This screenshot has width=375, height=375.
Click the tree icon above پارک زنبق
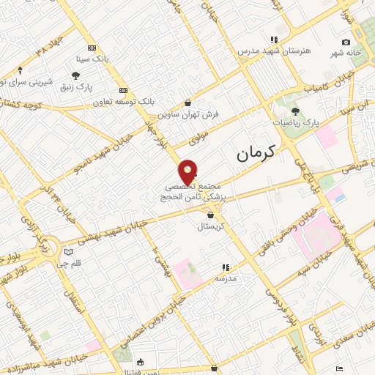pyautogui.click(x=75, y=75)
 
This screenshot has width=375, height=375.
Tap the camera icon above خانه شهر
pyautogui.click(x=346, y=42)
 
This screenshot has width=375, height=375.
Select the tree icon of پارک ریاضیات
pyautogui.click(x=295, y=111)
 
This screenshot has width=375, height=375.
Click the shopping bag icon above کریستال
pyautogui.click(x=211, y=215)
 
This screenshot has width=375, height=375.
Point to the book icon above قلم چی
pyautogui.click(x=68, y=251)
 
